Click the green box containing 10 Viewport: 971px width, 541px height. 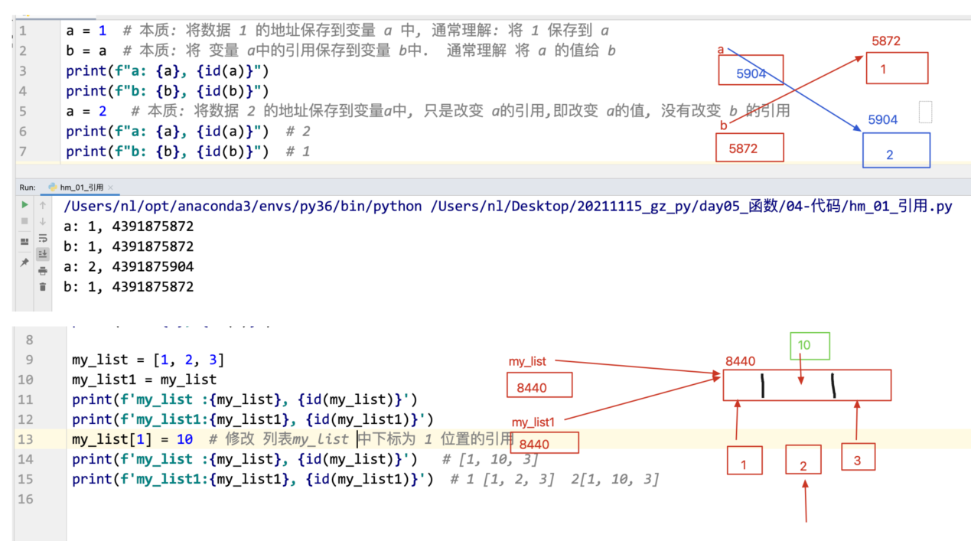[810, 346]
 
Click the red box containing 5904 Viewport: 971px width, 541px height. [751, 70]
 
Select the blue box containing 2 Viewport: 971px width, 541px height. [896, 151]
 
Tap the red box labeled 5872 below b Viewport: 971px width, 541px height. [750, 148]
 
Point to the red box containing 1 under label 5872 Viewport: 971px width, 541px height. [897, 68]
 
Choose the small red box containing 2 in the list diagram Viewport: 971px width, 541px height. [803, 460]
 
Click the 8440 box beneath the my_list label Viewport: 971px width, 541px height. [539, 386]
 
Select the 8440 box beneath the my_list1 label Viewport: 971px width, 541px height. [544, 443]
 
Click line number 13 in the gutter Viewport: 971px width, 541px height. [25, 439]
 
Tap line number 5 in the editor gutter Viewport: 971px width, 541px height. [23, 111]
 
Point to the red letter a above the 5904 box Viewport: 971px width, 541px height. [721, 50]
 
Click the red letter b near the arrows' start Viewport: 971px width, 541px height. [722, 125]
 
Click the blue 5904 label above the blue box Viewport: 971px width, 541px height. [882, 120]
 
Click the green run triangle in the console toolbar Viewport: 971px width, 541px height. [24, 205]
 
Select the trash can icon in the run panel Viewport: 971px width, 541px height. [43, 287]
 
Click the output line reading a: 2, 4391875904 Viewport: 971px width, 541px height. [129, 267]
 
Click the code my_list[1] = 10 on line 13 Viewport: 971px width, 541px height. [132, 439]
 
